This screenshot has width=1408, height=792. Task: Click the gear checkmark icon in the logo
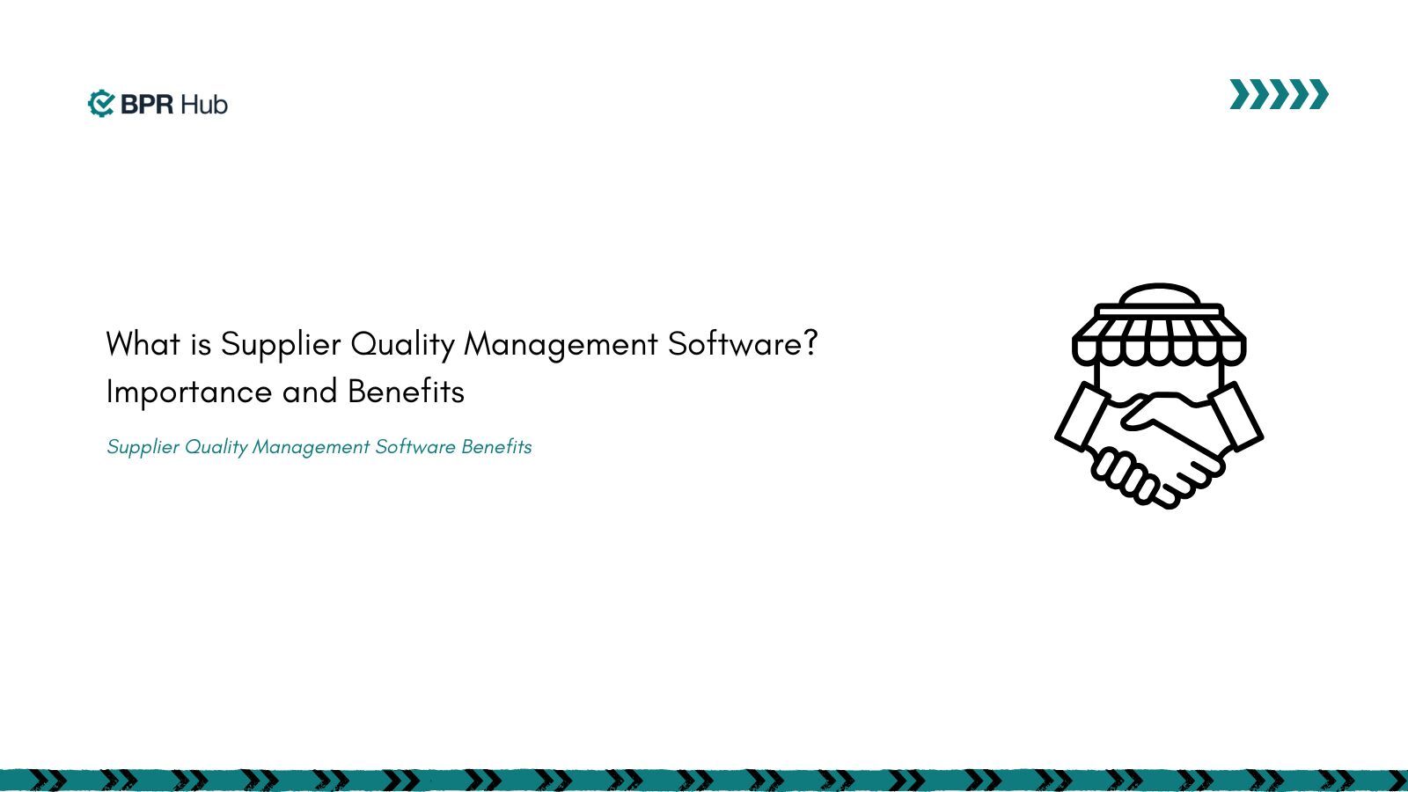pos(101,104)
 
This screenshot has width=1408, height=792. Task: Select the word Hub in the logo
pos(204,105)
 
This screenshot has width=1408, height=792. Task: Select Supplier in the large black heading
pos(281,344)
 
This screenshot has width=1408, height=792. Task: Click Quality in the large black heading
pos(402,344)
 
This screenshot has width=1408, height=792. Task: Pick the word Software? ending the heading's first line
pos(743,343)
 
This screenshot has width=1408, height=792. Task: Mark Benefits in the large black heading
pos(406,392)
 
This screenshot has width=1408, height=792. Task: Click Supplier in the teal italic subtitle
pos(143,447)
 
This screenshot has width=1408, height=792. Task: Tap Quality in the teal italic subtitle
pos(216,447)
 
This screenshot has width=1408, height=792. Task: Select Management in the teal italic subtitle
pos(311,447)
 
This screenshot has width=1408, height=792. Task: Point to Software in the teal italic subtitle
pos(415,447)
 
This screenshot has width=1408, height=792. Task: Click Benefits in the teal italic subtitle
pos(496,447)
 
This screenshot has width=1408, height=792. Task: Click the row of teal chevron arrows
pos(1279,94)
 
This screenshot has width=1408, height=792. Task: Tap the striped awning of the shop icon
pos(1159,339)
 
